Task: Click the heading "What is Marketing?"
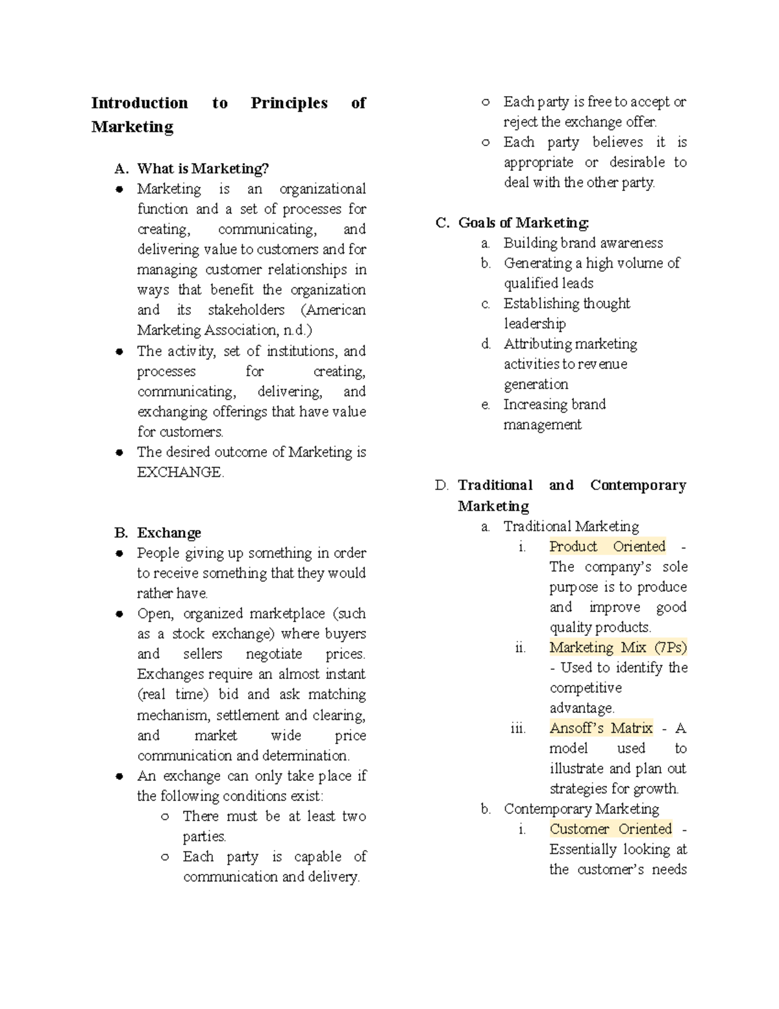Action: (203, 169)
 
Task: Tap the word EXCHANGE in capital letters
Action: (179, 472)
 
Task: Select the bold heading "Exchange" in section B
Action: (169, 533)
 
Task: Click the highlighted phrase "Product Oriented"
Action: (607, 546)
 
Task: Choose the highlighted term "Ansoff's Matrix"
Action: (601, 728)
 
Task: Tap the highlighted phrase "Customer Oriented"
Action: (610, 829)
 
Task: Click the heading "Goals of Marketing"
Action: (523, 223)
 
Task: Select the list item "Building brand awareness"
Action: (583, 243)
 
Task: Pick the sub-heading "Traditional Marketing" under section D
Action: (571, 526)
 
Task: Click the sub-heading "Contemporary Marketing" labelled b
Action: (581, 809)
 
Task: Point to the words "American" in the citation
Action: (336, 310)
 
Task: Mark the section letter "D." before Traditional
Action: (441, 485)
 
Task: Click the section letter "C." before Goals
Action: (442, 223)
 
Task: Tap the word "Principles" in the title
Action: (289, 103)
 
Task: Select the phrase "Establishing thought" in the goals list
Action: (566, 303)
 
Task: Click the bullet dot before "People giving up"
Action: (119, 554)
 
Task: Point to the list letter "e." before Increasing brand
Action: (486, 405)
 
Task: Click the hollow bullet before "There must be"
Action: (165, 817)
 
